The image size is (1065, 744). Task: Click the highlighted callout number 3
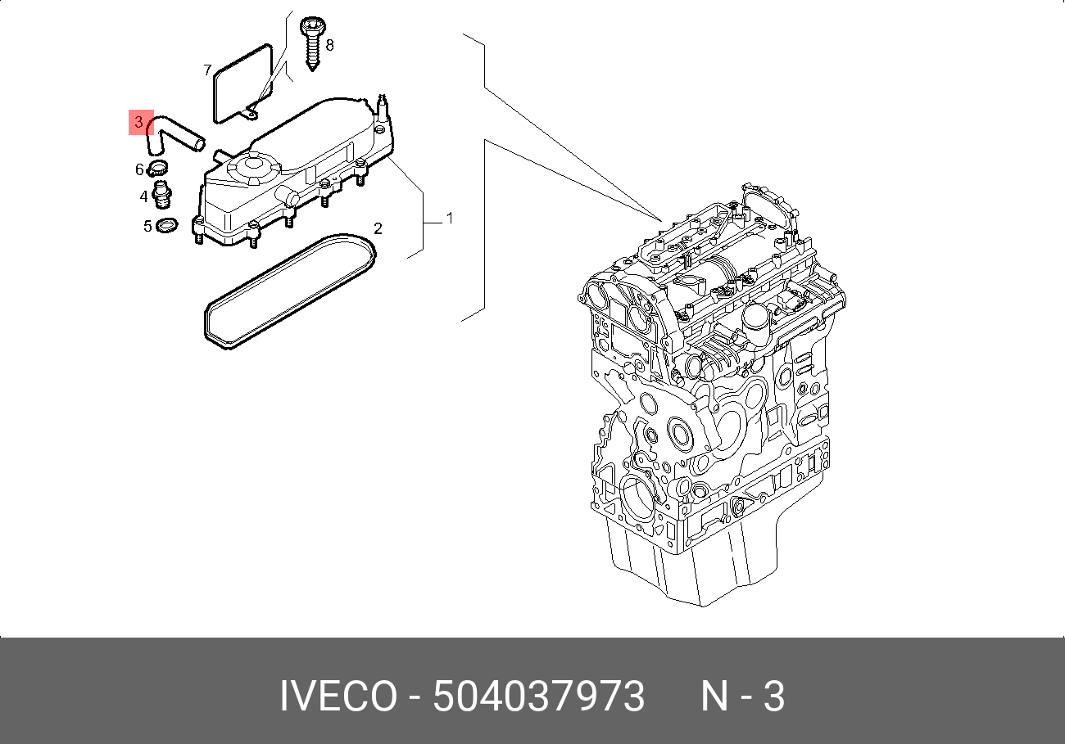coord(138,122)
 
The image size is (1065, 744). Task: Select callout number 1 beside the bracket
coord(450,219)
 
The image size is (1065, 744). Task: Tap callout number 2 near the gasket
coord(378,229)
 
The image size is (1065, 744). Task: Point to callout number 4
coord(143,196)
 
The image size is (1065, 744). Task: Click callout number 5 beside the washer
coord(147,226)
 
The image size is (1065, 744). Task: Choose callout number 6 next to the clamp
coord(139,169)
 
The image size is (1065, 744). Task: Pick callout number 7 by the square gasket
coord(207,70)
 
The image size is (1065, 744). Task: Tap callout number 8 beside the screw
coord(329,46)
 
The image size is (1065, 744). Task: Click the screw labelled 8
coord(312,43)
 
